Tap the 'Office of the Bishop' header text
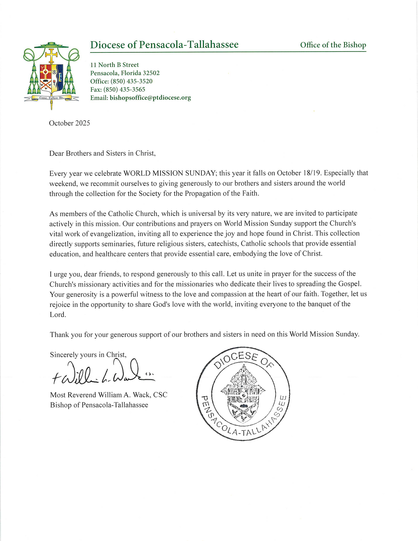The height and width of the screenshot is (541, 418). pyautogui.click(x=333, y=45)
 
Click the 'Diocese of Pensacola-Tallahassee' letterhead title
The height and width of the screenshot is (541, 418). pyautogui.click(x=164, y=45)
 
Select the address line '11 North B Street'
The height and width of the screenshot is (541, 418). pyautogui.click(x=114, y=65)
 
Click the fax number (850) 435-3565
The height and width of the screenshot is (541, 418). pyautogui.click(x=124, y=90)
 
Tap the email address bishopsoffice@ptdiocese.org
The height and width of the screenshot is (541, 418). pyautogui.click(x=150, y=98)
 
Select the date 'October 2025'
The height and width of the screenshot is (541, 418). pyautogui.click(x=70, y=123)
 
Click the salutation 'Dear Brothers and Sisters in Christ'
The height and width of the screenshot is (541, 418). pyautogui.click(x=102, y=153)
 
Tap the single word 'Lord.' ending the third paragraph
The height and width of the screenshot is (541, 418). pyautogui.click(x=58, y=315)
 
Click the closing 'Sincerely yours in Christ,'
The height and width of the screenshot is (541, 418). pyautogui.click(x=88, y=355)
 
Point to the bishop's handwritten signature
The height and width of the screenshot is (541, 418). pyautogui.click(x=103, y=373)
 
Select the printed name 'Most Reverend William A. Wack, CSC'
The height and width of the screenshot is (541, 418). pyautogui.click(x=109, y=395)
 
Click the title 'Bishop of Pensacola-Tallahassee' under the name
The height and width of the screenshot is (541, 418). pyautogui.click(x=99, y=405)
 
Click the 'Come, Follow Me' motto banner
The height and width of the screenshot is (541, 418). pyautogui.click(x=51, y=98)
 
